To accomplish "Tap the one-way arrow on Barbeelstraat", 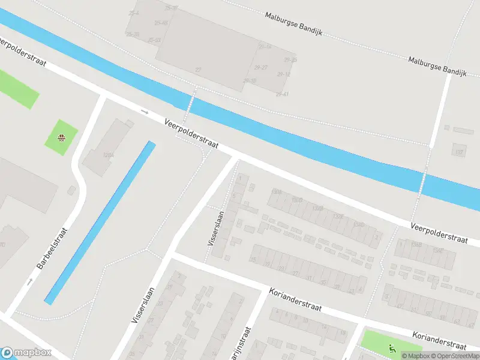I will click(29, 281).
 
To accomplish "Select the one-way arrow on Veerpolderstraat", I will click(144, 111).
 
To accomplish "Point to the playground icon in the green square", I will click(61, 137).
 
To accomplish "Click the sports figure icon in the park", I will click(392, 347).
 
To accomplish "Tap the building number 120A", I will click(108, 155).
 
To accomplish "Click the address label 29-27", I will click(261, 67).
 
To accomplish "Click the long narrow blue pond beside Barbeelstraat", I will click(100, 222).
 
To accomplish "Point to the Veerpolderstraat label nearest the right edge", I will click(439, 233).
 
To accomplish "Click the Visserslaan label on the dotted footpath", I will click(215, 227).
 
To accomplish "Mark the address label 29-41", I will click(282, 94).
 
